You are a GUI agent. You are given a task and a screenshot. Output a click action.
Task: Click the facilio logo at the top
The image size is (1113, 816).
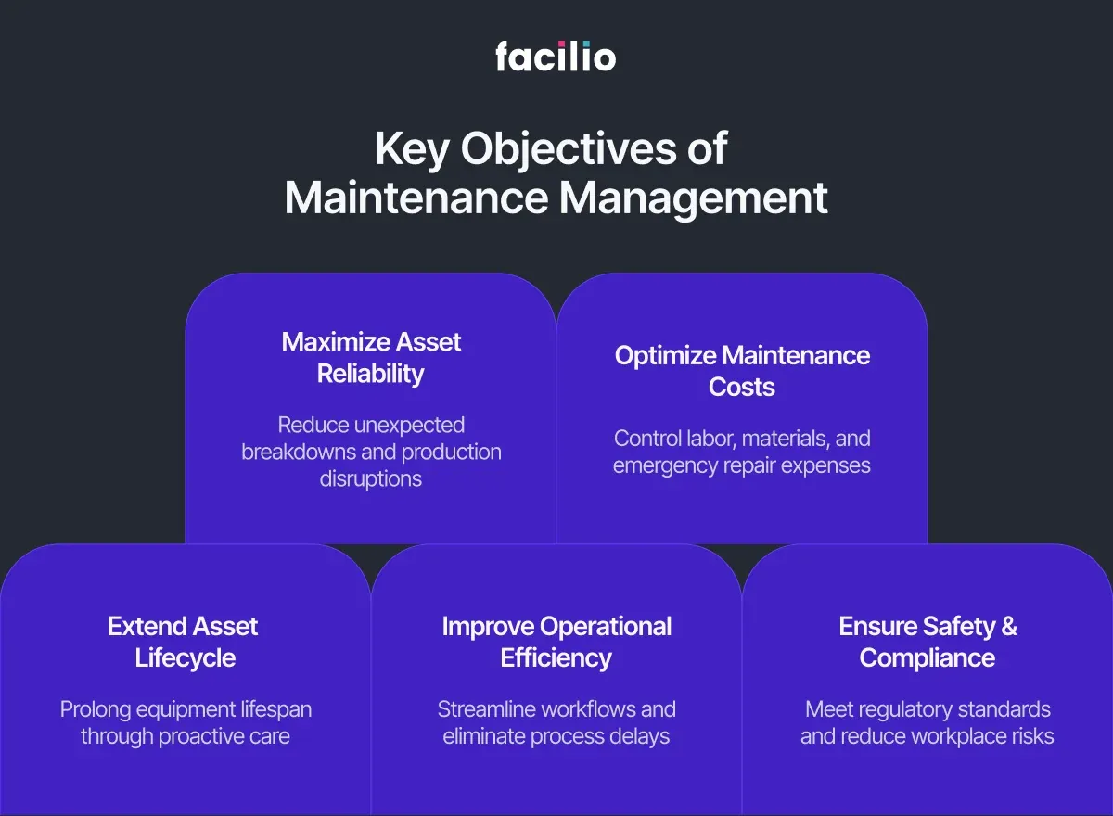point(556,56)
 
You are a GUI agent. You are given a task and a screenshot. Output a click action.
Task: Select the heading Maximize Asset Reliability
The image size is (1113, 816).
point(371,358)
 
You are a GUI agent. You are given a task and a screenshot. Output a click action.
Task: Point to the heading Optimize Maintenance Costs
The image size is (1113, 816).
point(742,371)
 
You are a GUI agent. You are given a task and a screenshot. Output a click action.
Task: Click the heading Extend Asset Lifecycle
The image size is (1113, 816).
point(184,642)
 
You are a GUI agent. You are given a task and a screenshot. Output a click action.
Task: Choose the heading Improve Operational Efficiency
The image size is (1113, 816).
point(556,642)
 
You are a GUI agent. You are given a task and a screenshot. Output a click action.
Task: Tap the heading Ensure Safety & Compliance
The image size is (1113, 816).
point(927,642)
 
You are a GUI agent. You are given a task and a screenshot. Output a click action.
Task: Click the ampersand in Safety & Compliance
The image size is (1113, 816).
point(1008,627)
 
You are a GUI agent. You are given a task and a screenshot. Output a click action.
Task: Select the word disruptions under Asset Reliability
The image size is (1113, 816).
point(371,479)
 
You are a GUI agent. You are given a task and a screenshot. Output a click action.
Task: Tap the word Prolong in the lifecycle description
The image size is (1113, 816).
point(96,709)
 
